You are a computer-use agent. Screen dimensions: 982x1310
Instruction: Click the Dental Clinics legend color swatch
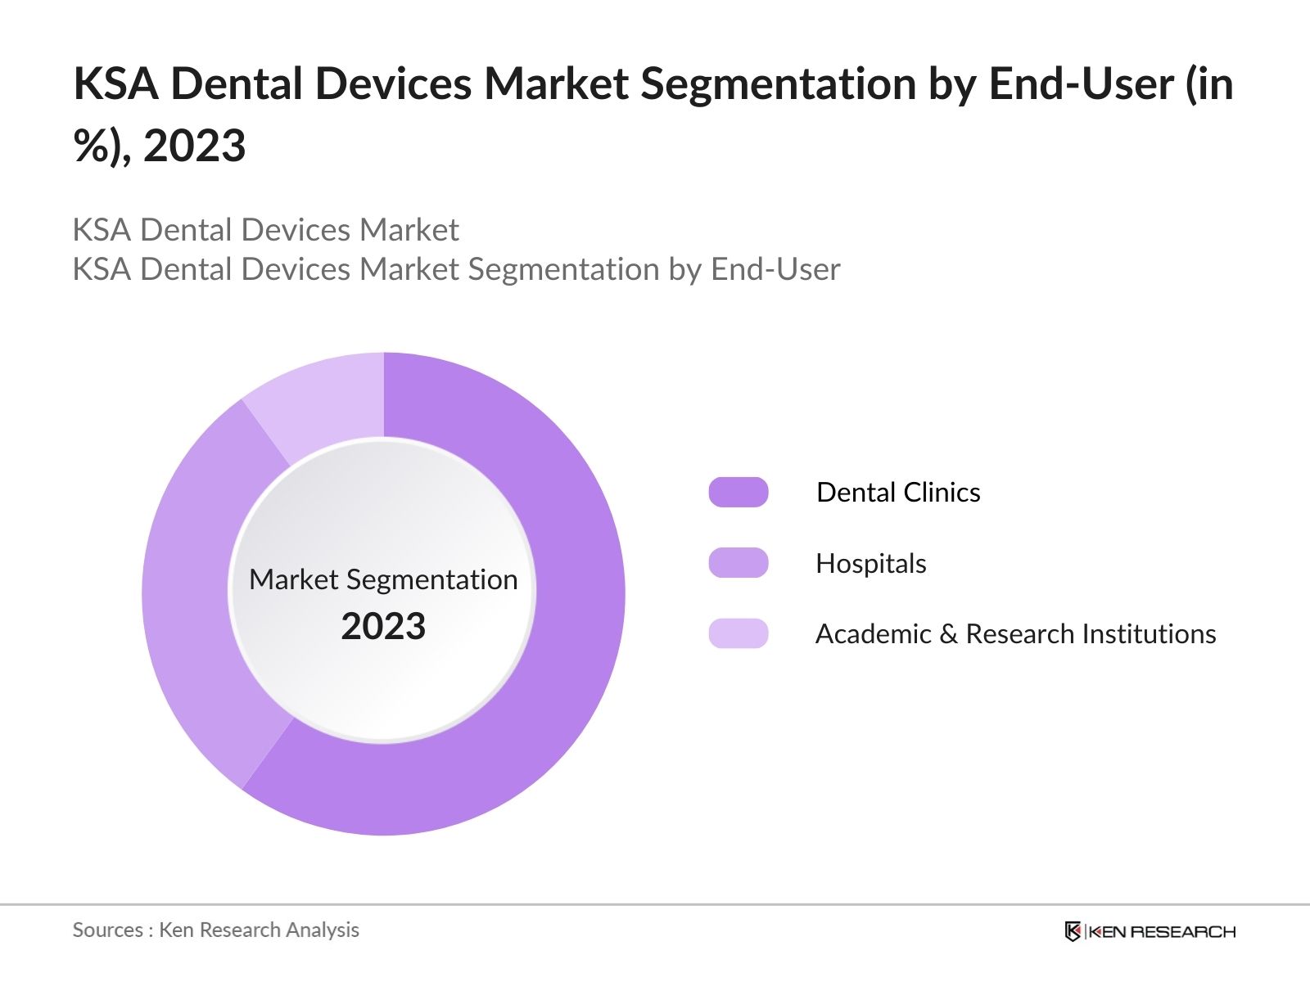pyautogui.click(x=739, y=493)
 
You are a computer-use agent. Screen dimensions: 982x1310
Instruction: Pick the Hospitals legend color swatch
pyautogui.click(x=739, y=563)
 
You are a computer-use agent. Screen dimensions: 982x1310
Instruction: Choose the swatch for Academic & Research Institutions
pyautogui.click(x=739, y=633)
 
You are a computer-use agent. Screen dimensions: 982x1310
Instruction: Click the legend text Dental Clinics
pyautogui.click(x=898, y=493)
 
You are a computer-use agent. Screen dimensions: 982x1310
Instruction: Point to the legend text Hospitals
pyautogui.click(x=871, y=564)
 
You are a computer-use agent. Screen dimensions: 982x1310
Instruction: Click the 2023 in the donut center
pyautogui.click(x=383, y=627)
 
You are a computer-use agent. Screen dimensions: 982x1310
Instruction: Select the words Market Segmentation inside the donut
pyautogui.click(x=383, y=579)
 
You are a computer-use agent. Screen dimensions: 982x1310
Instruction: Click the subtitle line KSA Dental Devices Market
pyautogui.click(x=265, y=230)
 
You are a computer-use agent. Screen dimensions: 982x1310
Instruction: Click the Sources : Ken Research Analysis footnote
pyautogui.click(x=215, y=930)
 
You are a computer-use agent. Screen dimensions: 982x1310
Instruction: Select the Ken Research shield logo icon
pyautogui.click(x=1073, y=931)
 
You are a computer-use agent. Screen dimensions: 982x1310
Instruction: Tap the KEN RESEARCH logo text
pyautogui.click(x=1162, y=931)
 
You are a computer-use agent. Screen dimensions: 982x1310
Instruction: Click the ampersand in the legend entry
pyautogui.click(x=948, y=634)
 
